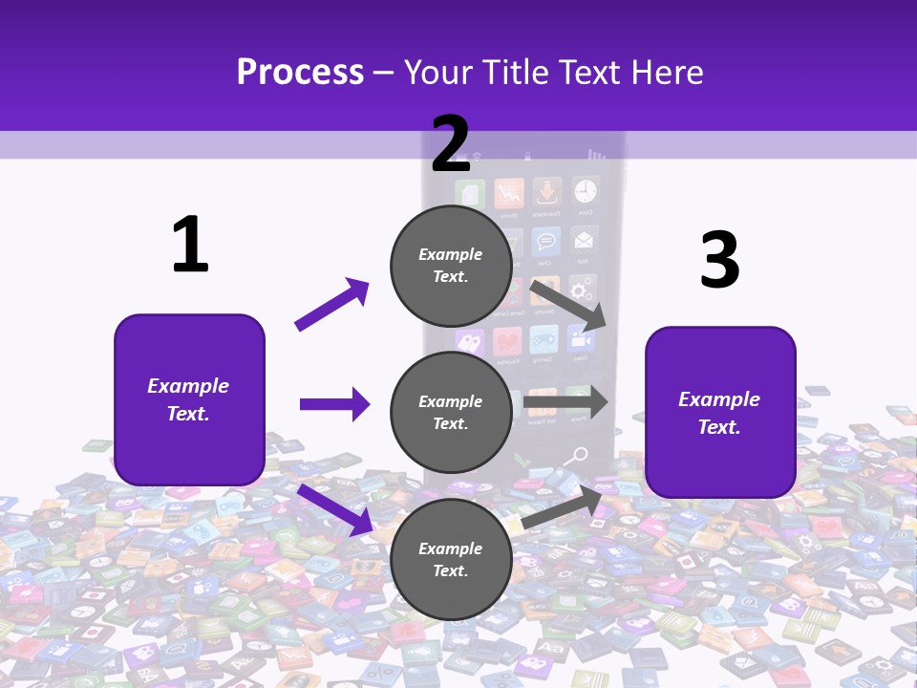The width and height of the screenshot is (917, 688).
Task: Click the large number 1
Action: [190, 246]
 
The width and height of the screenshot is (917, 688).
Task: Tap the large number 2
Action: [450, 144]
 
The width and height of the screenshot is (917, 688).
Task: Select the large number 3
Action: [719, 261]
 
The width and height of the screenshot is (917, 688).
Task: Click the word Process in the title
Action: [300, 72]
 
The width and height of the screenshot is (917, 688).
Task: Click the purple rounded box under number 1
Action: [189, 399]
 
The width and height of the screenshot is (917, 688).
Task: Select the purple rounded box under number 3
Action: [720, 412]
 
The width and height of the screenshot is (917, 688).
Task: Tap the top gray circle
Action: [451, 266]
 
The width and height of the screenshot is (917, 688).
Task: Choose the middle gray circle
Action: [451, 412]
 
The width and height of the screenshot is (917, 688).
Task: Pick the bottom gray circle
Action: [451, 559]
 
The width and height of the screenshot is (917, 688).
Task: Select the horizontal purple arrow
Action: [334, 404]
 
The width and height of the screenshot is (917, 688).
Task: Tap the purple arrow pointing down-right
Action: [334, 509]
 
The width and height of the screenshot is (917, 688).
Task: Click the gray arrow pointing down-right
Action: [568, 305]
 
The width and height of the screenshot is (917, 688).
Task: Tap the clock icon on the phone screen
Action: [585, 192]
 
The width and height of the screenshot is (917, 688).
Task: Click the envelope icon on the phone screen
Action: [584, 239]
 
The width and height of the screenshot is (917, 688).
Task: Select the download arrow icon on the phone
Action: [546, 192]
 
